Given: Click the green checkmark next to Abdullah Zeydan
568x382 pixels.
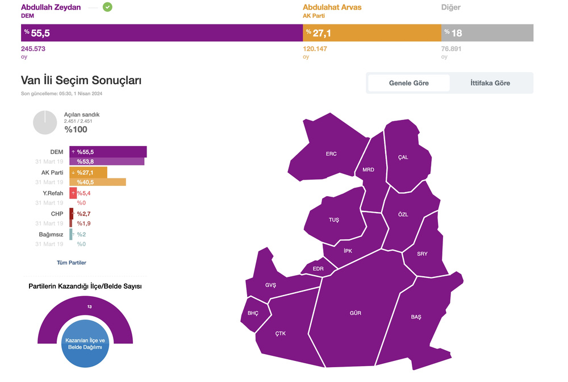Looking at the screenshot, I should click(107, 7).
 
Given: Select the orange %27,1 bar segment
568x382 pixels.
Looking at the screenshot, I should click(371, 33).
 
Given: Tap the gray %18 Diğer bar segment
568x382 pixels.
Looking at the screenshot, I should click(487, 33).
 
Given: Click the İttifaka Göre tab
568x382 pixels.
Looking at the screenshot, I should click(490, 83).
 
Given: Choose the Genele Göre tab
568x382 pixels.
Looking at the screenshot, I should click(409, 83).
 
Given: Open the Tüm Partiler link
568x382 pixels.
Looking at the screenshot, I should click(72, 263).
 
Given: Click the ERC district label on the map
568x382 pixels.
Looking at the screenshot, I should click(331, 154).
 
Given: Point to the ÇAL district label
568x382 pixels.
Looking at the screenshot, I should click(403, 157).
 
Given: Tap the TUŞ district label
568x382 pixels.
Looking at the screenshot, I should click(333, 220).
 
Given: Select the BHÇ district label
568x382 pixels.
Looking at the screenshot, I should click(253, 314).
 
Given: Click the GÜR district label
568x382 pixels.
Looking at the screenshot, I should click(356, 313).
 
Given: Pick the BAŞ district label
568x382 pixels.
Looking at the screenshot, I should click(416, 317).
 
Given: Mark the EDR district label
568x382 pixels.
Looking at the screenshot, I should click(318, 269).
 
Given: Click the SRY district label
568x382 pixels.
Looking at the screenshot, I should click(422, 254).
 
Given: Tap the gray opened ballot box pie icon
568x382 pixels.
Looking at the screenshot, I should click(45, 123).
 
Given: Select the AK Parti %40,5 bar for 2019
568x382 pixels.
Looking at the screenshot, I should click(98, 182).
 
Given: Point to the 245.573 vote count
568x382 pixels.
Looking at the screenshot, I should click(34, 49).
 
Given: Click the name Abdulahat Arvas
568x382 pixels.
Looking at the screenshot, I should click(332, 7).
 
